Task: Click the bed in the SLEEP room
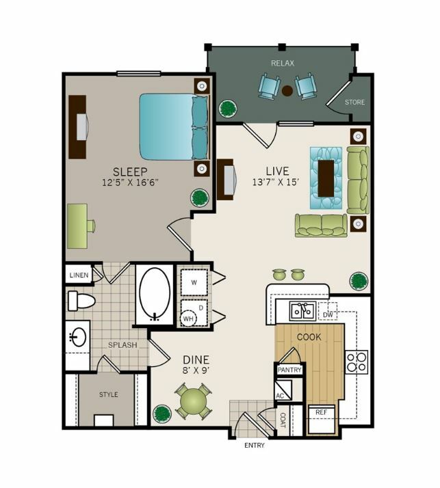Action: (x=174, y=126)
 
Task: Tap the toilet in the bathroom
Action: (x=81, y=301)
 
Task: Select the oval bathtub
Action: (x=155, y=295)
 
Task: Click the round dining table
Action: (x=193, y=401)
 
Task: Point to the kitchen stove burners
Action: (x=357, y=362)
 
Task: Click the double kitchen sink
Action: (x=303, y=310)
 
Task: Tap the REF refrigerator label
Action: (x=321, y=412)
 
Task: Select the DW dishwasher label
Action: (x=328, y=315)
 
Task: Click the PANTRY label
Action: (x=289, y=370)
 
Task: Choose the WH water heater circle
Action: (x=188, y=318)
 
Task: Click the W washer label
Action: (x=194, y=282)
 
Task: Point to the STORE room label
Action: (x=355, y=102)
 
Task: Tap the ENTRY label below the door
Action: (x=255, y=446)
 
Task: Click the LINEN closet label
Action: (x=79, y=275)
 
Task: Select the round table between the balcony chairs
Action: (x=287, y=91)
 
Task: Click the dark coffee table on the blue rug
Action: (x=326, y=178)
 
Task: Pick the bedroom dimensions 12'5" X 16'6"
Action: (x=131, y=182)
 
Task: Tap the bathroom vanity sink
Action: (x=77, y=336)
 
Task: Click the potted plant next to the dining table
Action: (x=162, y=414)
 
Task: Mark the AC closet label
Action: (x=280, y=396)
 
